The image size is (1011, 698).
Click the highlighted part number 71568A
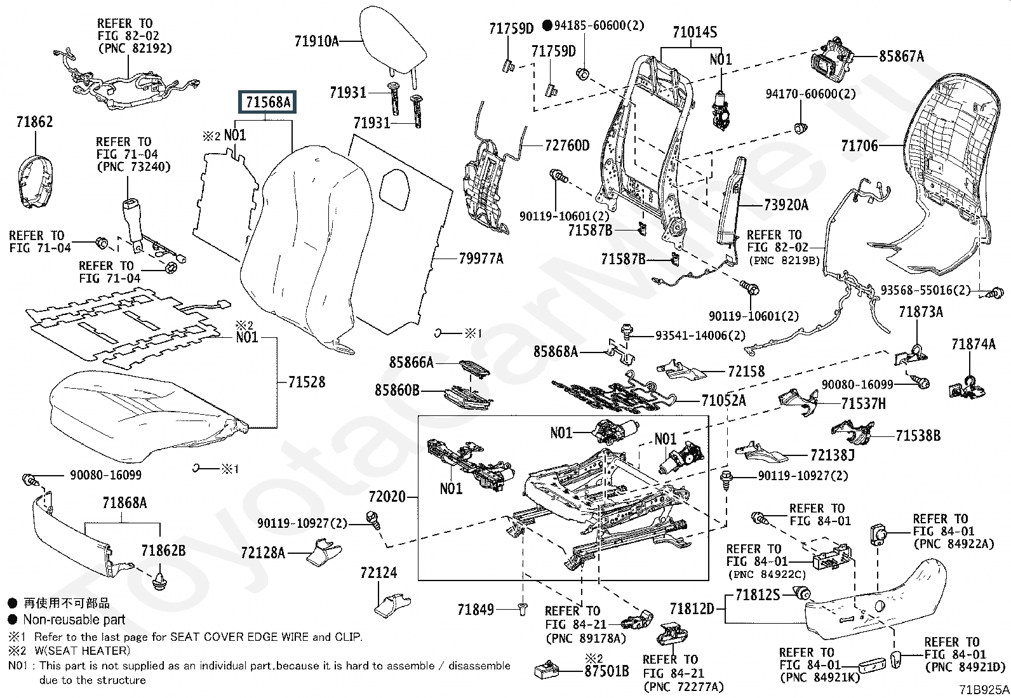coord(267,102)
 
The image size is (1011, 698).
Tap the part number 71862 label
coord(34,122)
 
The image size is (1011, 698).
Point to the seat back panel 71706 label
coord(859,146)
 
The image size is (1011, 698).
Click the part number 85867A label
coord(901,57)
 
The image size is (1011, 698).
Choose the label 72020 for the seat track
coord(387,496)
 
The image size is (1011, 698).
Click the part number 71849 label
coord(475,610)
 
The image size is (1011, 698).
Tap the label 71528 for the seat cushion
coord(306,382)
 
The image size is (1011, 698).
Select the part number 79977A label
coord(481,258)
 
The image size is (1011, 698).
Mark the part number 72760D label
coord(567,146)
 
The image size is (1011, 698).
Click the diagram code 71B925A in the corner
coord(984,690)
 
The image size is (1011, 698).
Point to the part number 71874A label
coord(973,344)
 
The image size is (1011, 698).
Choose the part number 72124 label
coord(378,573)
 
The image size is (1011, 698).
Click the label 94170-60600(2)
coord(810,95)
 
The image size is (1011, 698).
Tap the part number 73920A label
coord(786,205)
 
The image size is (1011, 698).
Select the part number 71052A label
coord(723,401)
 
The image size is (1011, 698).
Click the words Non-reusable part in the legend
coord(74,620)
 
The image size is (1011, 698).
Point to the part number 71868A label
coord(124,503)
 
